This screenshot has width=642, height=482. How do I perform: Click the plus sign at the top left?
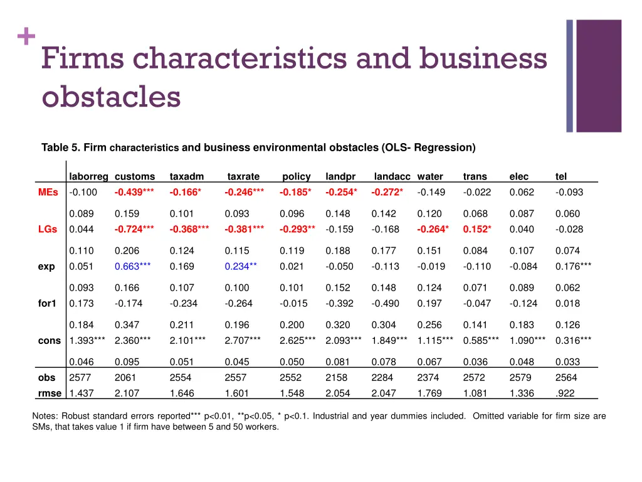[x=26, y=38]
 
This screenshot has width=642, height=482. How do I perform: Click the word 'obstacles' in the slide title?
[x=111, y=97]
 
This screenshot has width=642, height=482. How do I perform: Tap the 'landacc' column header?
[x=392, y=177]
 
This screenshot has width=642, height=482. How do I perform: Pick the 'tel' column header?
[x=560, y=177]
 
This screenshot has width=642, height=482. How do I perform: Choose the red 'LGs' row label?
[x=48, y=229]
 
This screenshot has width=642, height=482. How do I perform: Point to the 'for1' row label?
[x=46, y=304]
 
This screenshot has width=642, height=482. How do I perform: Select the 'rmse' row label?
[x=50, y=394]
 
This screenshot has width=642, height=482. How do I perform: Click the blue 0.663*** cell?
[x=132, y=266]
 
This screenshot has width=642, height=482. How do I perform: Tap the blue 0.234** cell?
[x=241, y=266]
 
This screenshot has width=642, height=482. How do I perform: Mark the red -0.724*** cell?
[x=134, y=229]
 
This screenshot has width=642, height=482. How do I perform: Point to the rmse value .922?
[x=564, y=394]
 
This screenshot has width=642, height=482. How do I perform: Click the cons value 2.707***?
[x=244, y=341]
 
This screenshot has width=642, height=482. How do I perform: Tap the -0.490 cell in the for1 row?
[x=385, y=304]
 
